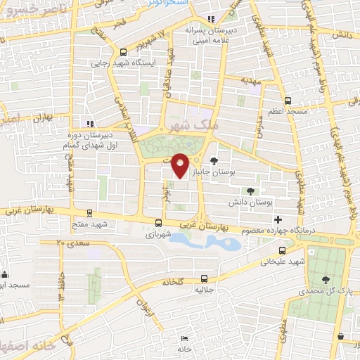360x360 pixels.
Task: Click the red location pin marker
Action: coord(181,165)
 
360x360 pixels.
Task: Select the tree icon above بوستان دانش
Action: coord(251,191)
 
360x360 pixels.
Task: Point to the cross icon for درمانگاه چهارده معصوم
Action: coord(279,220)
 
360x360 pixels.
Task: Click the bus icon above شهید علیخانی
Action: coord(283,250)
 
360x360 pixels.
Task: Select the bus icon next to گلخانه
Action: coord(204,278)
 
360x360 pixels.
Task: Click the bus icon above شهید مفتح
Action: coord(89,212)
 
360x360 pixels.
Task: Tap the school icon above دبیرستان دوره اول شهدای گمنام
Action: coord(89,124)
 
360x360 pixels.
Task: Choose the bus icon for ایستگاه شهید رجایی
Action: coord(124,51)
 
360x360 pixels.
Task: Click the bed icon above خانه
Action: coord(184,338)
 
